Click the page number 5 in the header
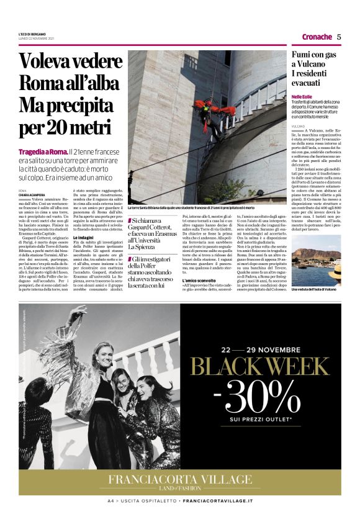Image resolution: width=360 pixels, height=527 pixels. (339, 37)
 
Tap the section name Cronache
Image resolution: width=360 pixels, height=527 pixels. (317, 37)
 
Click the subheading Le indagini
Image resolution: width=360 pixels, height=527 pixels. (84, 238)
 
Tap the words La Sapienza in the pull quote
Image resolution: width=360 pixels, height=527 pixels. (143, 246)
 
